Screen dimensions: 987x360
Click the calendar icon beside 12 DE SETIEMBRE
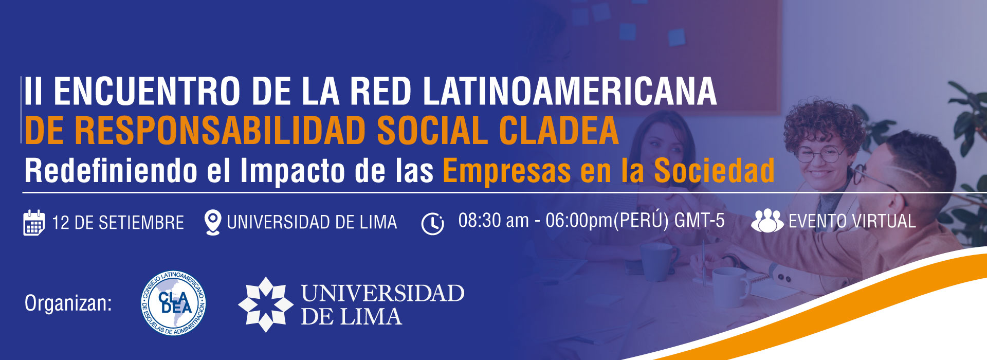tap(34, 223)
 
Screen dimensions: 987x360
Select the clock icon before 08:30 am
tap(432, 224)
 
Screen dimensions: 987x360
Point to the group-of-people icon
tap(767, 221)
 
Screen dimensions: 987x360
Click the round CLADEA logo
tap(174, 303)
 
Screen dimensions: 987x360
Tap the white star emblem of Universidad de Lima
tap(265, 304)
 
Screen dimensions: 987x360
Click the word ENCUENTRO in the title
tap(147, 92)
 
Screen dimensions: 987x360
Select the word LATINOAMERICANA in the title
tap(570, 92)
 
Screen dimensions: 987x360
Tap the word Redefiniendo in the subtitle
tap(111, 171)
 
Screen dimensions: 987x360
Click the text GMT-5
tap(699, 221)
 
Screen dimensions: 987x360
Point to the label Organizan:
tap(68, 304)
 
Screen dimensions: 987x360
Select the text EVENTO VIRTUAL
tap(852, 222)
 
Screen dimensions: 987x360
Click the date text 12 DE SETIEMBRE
tap(118, 223)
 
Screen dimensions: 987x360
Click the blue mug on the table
tap(657, 261)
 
